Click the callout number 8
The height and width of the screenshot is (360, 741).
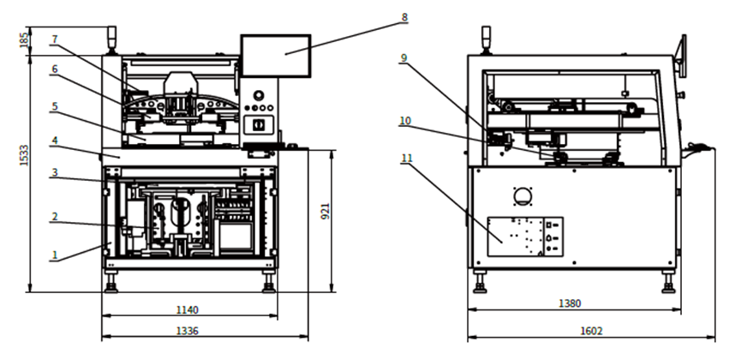pyautogui.click(x=404, y=17)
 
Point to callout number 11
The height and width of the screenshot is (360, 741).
pyautogui.click(x=404, y=159)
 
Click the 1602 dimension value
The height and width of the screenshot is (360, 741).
pyautogui.click(x=591, y=330)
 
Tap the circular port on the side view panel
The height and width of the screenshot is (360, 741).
pyautogui.click(x=523, y=195)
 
